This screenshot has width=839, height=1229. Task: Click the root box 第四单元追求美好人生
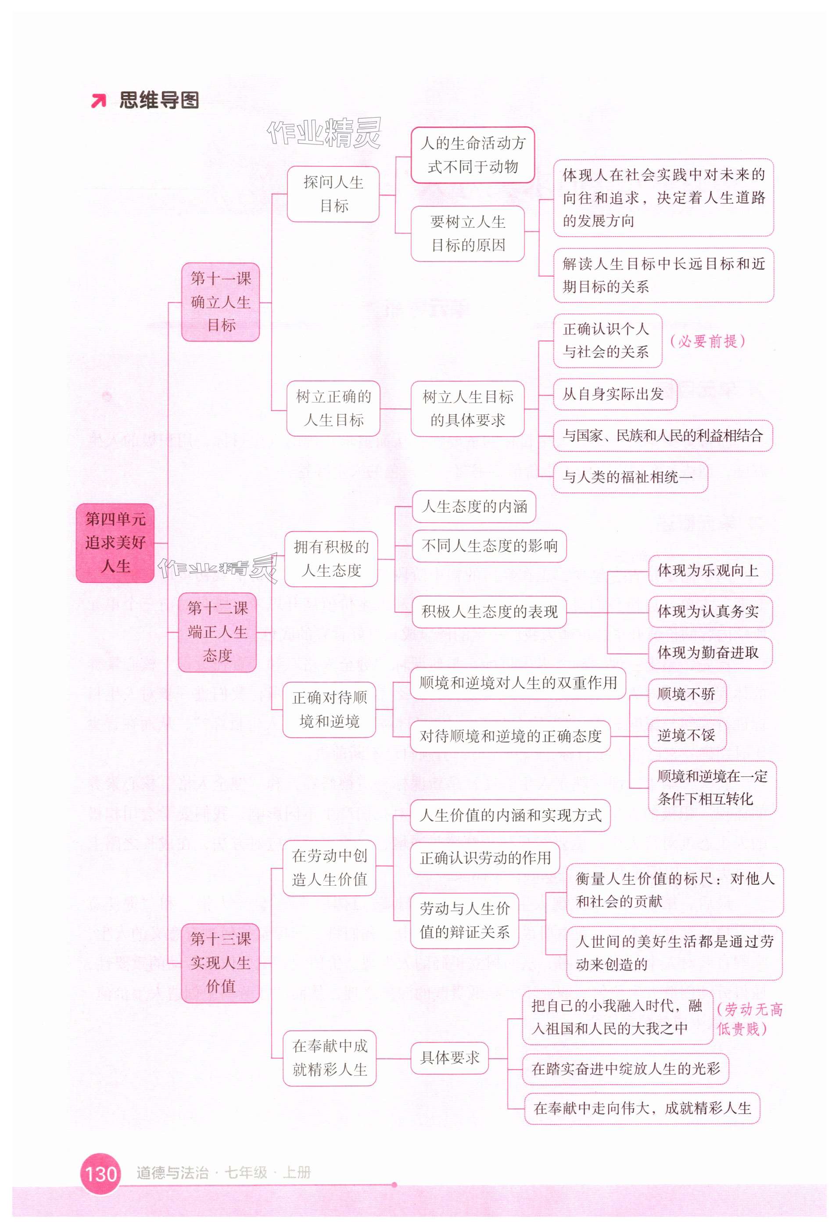coord(115,543)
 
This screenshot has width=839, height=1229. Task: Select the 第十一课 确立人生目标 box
coord(220,302)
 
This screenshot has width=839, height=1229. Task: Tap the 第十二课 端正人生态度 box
coord(217,632)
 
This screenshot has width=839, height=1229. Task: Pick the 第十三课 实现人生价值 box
coord(220,963)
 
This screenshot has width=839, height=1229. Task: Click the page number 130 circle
coord(100,1174)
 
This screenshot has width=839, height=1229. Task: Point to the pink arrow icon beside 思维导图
coord(98,101)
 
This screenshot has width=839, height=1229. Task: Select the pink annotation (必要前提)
coord(707,341)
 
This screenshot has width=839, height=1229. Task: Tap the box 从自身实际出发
coord(615,394)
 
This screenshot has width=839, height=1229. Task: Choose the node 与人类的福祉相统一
coord(630,477)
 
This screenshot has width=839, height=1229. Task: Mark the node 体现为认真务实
coord(710,612)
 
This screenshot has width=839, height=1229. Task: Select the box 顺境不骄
coord(687,694)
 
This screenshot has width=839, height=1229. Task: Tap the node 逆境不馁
coord(687,735)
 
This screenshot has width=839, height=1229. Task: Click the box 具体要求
coord(449,1058)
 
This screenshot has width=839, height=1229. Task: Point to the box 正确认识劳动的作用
coord(485,858)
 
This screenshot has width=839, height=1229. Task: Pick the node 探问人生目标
coord(333,194)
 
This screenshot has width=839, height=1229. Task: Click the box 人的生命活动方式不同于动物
coord(473,155)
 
